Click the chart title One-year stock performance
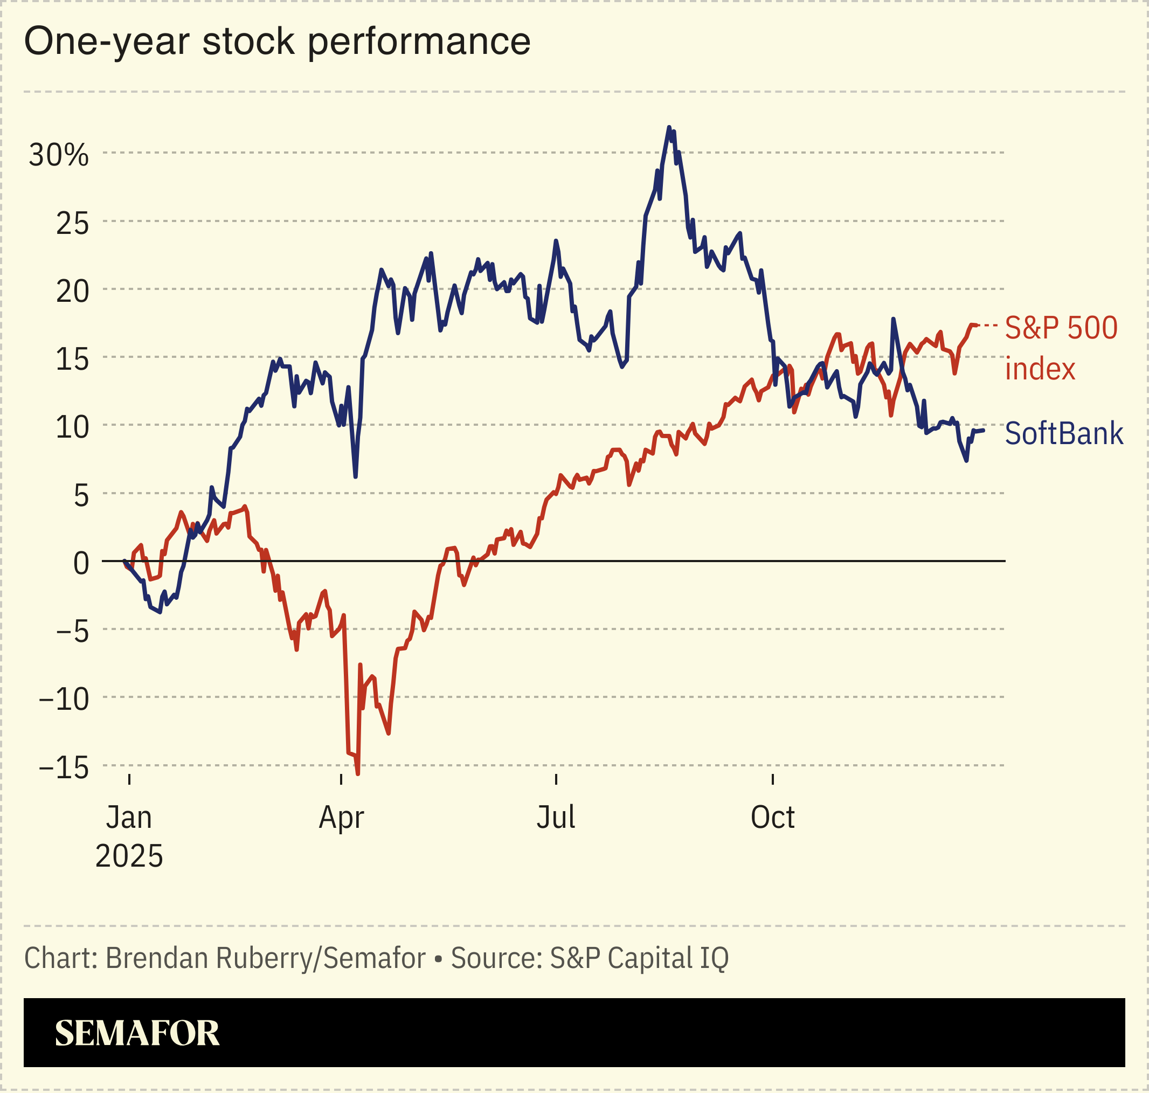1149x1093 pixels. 278,42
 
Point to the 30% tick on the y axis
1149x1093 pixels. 59,155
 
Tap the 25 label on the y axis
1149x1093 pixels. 72,223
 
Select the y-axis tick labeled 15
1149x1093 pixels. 72,359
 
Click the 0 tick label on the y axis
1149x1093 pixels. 81,563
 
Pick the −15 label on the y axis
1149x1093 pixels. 64,768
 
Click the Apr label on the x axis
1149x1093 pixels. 341,818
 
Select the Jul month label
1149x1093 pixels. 556,817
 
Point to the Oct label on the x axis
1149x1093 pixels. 772,817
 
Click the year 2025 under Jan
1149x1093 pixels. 129,856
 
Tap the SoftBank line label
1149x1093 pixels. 1063,433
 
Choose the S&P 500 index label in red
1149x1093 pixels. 1061,348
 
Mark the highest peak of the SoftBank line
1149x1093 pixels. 668,127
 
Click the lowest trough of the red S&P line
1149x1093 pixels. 358,774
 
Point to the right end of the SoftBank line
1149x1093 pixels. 984,430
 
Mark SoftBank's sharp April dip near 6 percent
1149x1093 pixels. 355,476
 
